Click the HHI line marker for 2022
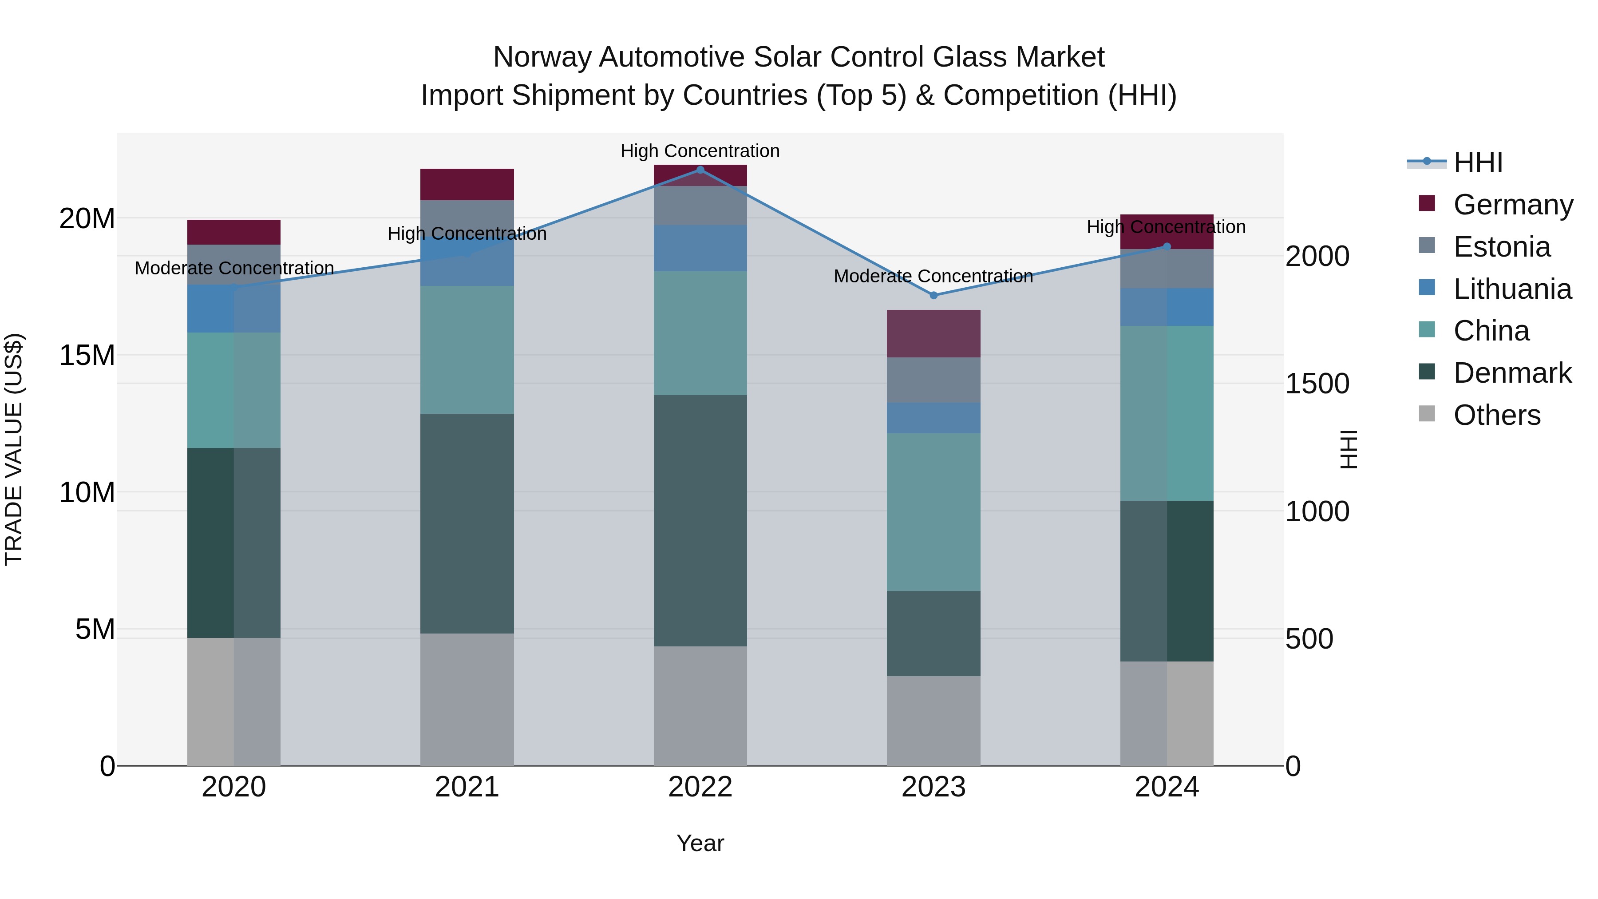pyautogui.click(x=700, y=170)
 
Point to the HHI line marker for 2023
pyautogui.click(x=933, y=295)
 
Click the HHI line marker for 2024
pyautogui.click(x=1167, y=247)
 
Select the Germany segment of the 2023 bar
pyautogui.click(x=933, y=334)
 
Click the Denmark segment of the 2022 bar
pyautogui.click(x=700, y=521)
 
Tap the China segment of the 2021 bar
pyautogui.click(x=467, y=350)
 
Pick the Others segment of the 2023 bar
pyautogui.click(x=933, y=721)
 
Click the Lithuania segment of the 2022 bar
pyautogui.click(x=700, y=248)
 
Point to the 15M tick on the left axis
pyautogui.click(x=87, y=356)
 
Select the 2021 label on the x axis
pyautogui.click(x=467, y=787)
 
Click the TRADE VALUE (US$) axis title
pyautogui.click(x=14, y=449)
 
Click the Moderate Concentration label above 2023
pyautogui.click(x=933, y=276)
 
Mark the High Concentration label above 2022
pyautogui.click(x=700, y=151)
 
